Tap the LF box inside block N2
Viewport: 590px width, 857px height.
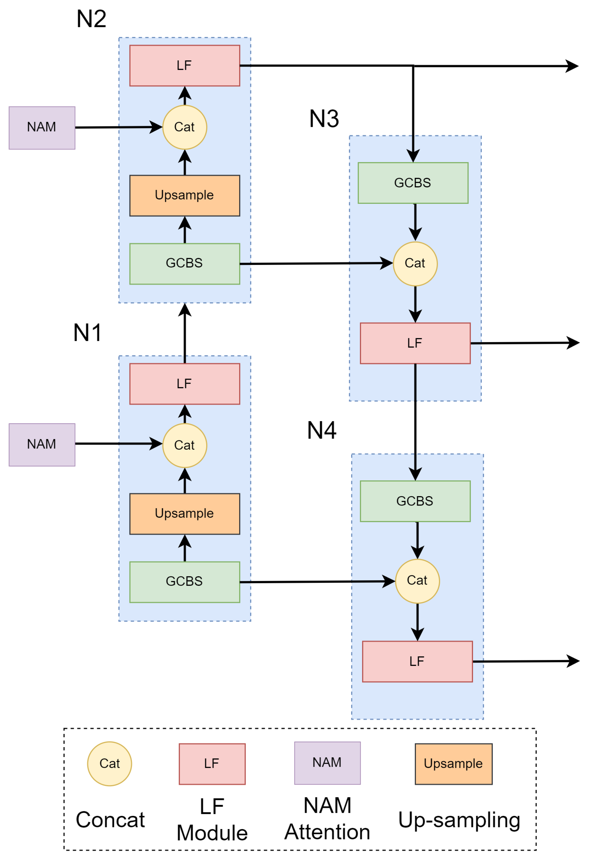pos(185,65)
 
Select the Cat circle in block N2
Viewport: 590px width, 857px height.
pos(185,127)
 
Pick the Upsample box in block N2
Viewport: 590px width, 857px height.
pos(185,195)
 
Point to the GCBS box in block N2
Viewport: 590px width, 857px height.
pos(185,263)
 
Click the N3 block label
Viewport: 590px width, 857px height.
pos(324,119)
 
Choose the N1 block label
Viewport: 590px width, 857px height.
pos(88,333)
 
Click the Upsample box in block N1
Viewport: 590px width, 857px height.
pos(185,514)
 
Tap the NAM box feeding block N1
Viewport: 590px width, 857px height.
pos(42,445)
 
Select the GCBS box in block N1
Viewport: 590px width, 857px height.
pos(185,582)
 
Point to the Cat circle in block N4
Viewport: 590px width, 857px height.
pos(417,581)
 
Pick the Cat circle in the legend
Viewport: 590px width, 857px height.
pos(109,764)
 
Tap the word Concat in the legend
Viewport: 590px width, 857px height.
pos(110,820)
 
